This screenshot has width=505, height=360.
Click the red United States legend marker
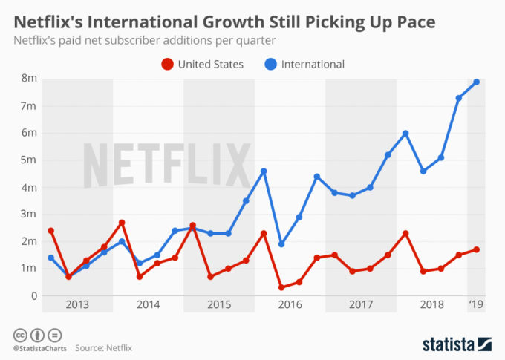coord(168,65)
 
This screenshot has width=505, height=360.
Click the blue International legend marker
coord(271,65)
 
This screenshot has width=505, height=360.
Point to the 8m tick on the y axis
coord(29,78)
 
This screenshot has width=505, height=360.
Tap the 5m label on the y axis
coord(29,160)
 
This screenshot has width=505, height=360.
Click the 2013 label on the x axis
coord(77,304)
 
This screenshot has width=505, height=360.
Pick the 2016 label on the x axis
coord(290,304)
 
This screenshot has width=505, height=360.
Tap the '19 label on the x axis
coord(476,304)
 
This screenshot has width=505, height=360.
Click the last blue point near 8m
coord(477,82)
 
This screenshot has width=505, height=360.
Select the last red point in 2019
coord(477,249)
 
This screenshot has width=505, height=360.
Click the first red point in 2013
coord(50,231)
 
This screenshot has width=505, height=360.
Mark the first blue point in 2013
coord(50,258)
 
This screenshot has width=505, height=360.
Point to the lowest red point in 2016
coord(281,287)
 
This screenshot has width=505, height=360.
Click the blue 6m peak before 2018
coord(405,134)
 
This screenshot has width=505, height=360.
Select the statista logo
coord(457,344)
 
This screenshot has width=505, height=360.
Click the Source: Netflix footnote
coord(103,347)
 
